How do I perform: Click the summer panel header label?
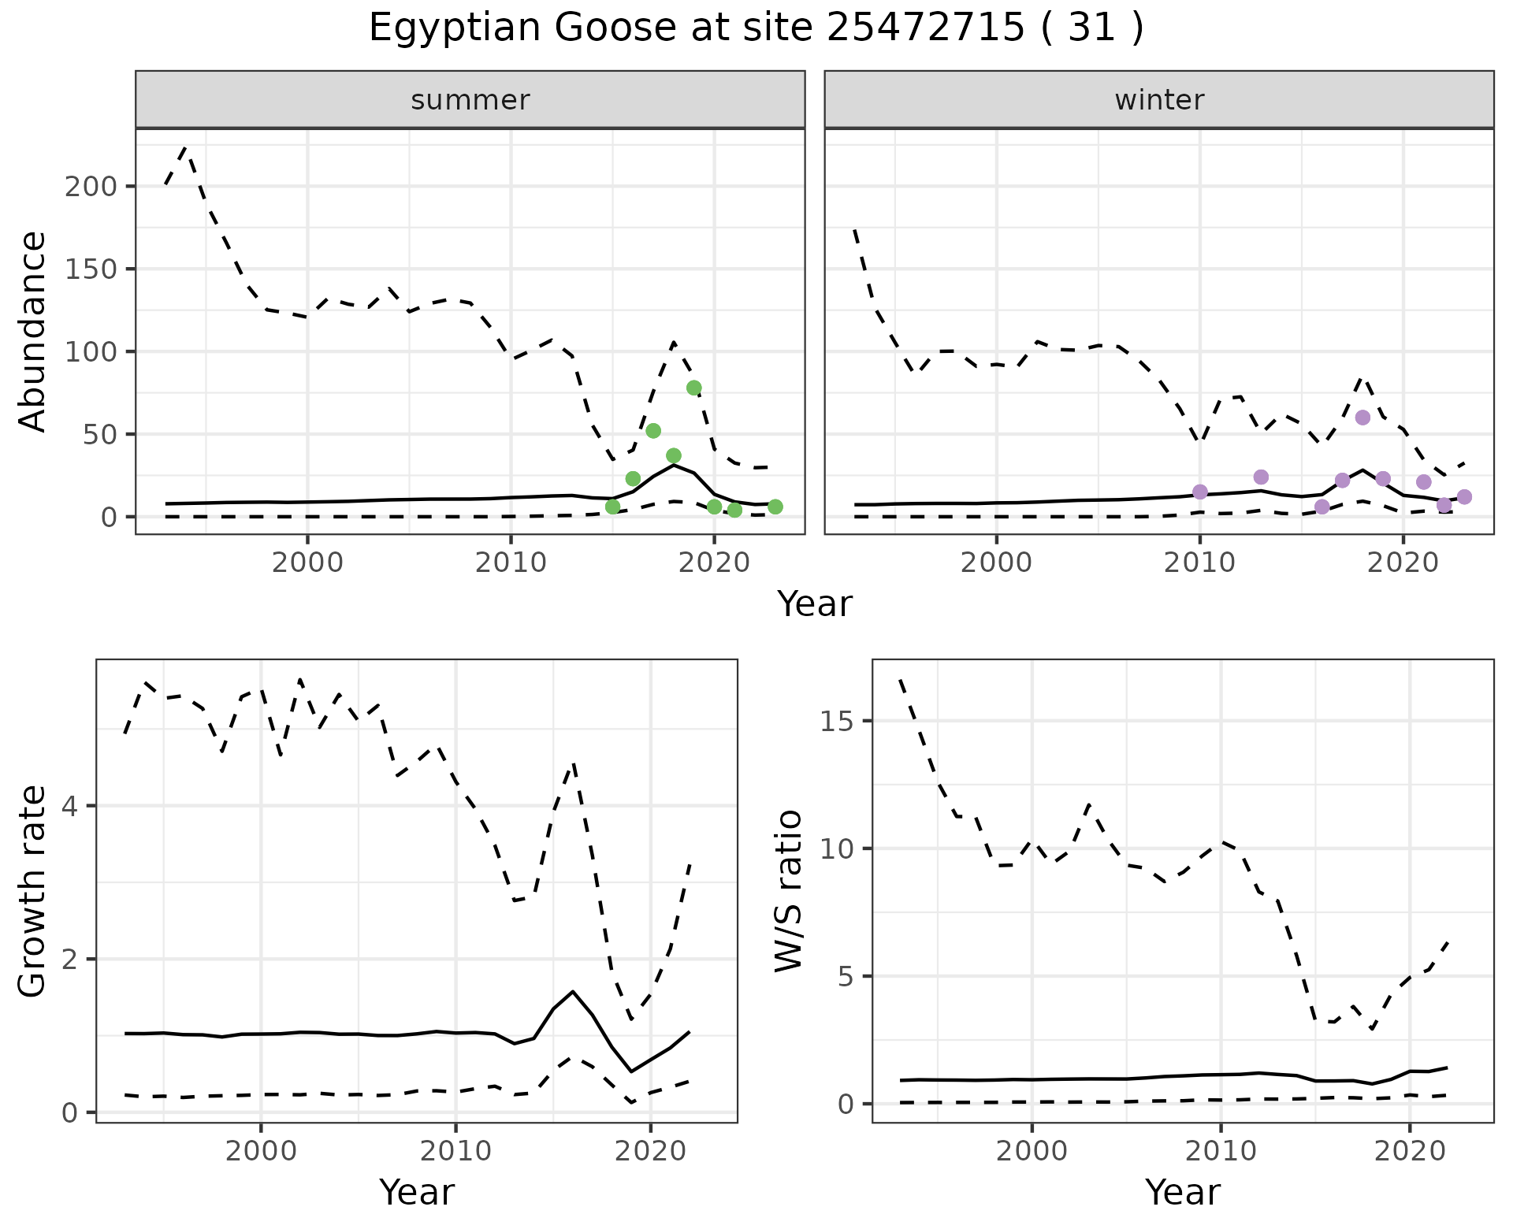point(470,100)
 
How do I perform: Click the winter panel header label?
point(1159,100)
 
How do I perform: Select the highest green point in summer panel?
point(693,388)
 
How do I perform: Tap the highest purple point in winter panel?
point(1362,418)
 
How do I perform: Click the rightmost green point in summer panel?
point(775,507)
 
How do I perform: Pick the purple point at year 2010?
point(1200,492)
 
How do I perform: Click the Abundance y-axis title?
point(33,332)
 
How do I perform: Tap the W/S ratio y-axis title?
point(789,891)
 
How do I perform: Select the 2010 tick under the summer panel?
point(511,563)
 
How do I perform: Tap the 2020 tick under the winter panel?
point(1403,563)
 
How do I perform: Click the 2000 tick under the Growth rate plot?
point(261,1151)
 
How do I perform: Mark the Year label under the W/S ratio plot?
point(1183,1192)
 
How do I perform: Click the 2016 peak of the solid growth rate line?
point(573,991)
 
